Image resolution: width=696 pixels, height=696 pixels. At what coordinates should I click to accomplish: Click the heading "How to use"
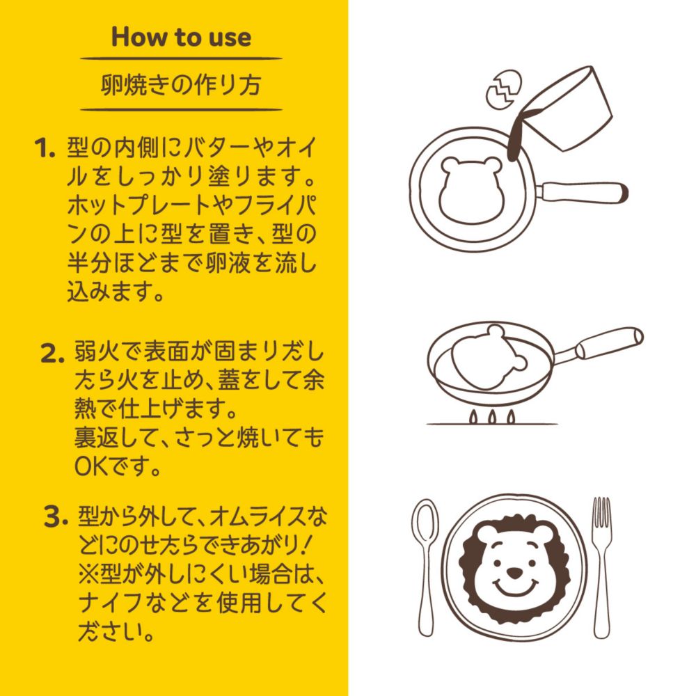[x=181, y=37]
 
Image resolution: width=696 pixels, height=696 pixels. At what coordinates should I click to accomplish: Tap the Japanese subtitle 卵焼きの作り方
[x=181, y=84]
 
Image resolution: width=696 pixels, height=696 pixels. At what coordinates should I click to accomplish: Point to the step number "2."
[x=53, y=354]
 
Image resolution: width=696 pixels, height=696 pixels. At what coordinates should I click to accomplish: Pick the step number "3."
[x=56, y=516]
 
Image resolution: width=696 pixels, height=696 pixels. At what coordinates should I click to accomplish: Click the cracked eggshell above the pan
[x=504, y=89]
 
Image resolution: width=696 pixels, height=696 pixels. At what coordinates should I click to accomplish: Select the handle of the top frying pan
[x=581, y=192]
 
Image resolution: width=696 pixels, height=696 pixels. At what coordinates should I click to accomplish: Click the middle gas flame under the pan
[x=492, y=416]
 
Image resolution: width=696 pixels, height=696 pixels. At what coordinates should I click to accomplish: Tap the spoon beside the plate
[x=426, y=567]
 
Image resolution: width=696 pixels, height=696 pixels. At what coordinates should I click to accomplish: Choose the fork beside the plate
[x=601, y=567]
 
